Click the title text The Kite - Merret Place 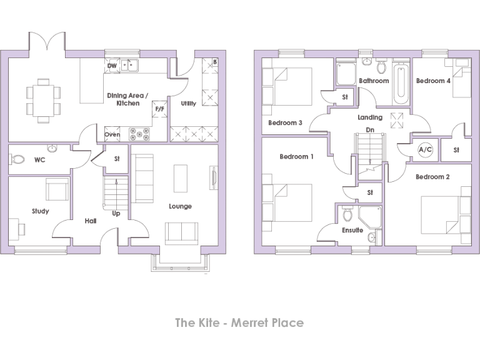point(239,322)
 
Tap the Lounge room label point(180,206)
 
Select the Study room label point(41,211)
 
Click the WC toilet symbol point(19,160)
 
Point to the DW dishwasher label point(112,66)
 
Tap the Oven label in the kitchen point(112,134)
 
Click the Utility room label point(188,103)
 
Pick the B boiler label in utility point(214,62)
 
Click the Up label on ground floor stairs point(116,213)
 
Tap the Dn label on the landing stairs point(370,131)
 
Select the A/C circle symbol point(425,150)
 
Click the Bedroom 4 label point(433,81)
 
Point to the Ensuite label point(352,230)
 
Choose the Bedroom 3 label point(285,122)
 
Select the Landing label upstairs point(370,117)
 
